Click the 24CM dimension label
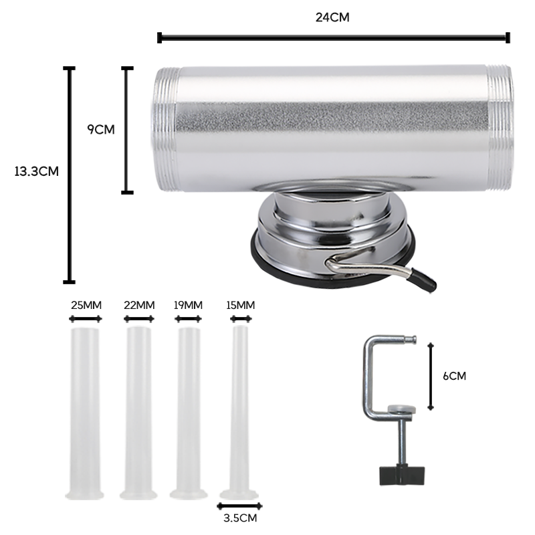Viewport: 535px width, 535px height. tap(332, 17)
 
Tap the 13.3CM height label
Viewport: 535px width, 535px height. tap(37, 171)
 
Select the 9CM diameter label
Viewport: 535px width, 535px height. tap(101, 130)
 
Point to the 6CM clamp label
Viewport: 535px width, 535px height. tap(454, 376)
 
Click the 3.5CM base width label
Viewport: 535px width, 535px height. tap(240, 518)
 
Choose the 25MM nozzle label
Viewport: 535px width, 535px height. tap(86, 305)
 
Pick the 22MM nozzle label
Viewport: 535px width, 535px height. tap(139, 305)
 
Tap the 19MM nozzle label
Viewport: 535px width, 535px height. tap(188, 305)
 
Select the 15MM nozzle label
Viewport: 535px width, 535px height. tap(241, 305)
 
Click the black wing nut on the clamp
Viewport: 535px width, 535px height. tap(402, 475)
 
